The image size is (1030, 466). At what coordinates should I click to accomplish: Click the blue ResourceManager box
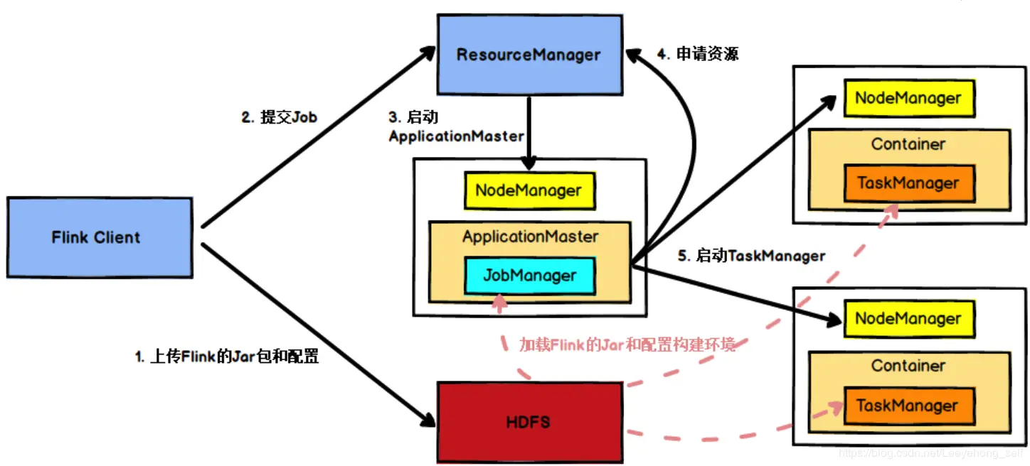(x=528, y=55)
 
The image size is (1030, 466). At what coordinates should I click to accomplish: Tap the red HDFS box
(x=528, y=422)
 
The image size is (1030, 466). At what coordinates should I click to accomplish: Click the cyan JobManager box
(x=530, y=276)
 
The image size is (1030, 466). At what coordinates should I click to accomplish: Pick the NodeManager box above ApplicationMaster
(x=529, y=190)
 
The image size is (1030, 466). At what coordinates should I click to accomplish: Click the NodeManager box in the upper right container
(x=908, y=99)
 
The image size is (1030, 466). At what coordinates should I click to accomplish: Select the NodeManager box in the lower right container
(x=908, y=319)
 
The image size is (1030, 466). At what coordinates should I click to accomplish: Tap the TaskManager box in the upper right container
(x=908, y=183)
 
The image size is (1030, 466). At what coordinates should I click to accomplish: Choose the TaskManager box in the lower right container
(x=908, y=406)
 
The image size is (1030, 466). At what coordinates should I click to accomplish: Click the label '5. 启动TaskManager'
(x=751, y=256)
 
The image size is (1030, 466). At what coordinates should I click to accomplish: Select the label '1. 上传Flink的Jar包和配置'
(x=226, y=357)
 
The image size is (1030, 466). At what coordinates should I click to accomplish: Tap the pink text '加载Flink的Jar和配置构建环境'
(x=627, y=345)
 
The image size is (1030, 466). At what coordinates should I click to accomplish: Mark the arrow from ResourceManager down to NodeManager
(x=529, y=128)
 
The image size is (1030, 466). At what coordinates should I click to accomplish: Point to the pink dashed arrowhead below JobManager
(x=500, y=304)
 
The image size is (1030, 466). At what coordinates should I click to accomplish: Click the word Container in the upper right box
(x=908, y=144)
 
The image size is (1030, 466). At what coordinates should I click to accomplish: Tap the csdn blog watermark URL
(x=932, y=453)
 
